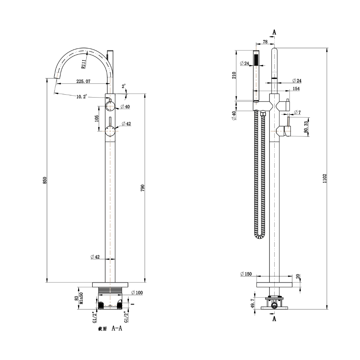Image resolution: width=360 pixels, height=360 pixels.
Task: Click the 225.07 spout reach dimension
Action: (x=83, y=81)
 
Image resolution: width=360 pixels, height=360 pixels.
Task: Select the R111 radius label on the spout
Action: (x=83, y=64)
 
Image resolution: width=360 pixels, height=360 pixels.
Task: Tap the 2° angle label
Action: (x=124, y=86)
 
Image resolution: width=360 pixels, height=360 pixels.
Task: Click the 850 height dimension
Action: (x=45, y=180)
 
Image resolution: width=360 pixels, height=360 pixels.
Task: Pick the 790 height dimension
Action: (x=142, y=188)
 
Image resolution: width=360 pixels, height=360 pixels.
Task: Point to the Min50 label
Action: (x=82, y=298)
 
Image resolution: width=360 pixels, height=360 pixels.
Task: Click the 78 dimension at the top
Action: (x=265, y=42)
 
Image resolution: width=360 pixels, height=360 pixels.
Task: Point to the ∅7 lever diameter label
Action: (x=297, y=113)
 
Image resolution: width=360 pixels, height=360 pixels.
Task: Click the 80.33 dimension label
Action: (x=306, y=127)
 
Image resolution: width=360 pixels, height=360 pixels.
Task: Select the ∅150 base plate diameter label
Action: (x=246, y=274)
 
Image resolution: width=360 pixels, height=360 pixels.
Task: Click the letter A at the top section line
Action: (x=274, y=32)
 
